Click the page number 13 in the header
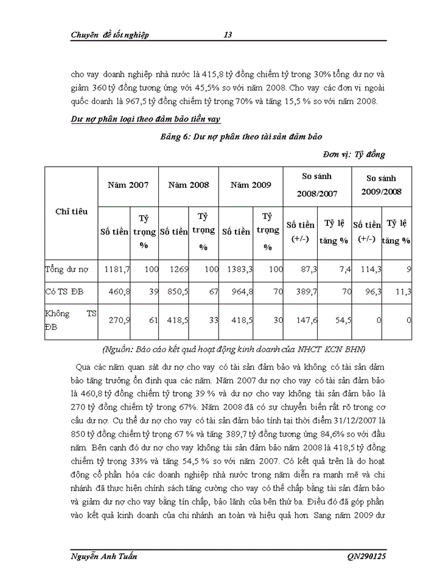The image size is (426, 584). coord(228,35)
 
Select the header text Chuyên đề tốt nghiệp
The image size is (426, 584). coord(110,35)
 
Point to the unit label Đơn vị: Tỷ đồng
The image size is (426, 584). coord(354,155)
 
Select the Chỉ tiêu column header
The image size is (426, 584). coord(71,212)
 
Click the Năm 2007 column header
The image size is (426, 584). coord(128,184)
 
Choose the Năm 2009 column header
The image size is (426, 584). coord(251,184)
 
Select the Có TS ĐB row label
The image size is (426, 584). coord(64,293)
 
